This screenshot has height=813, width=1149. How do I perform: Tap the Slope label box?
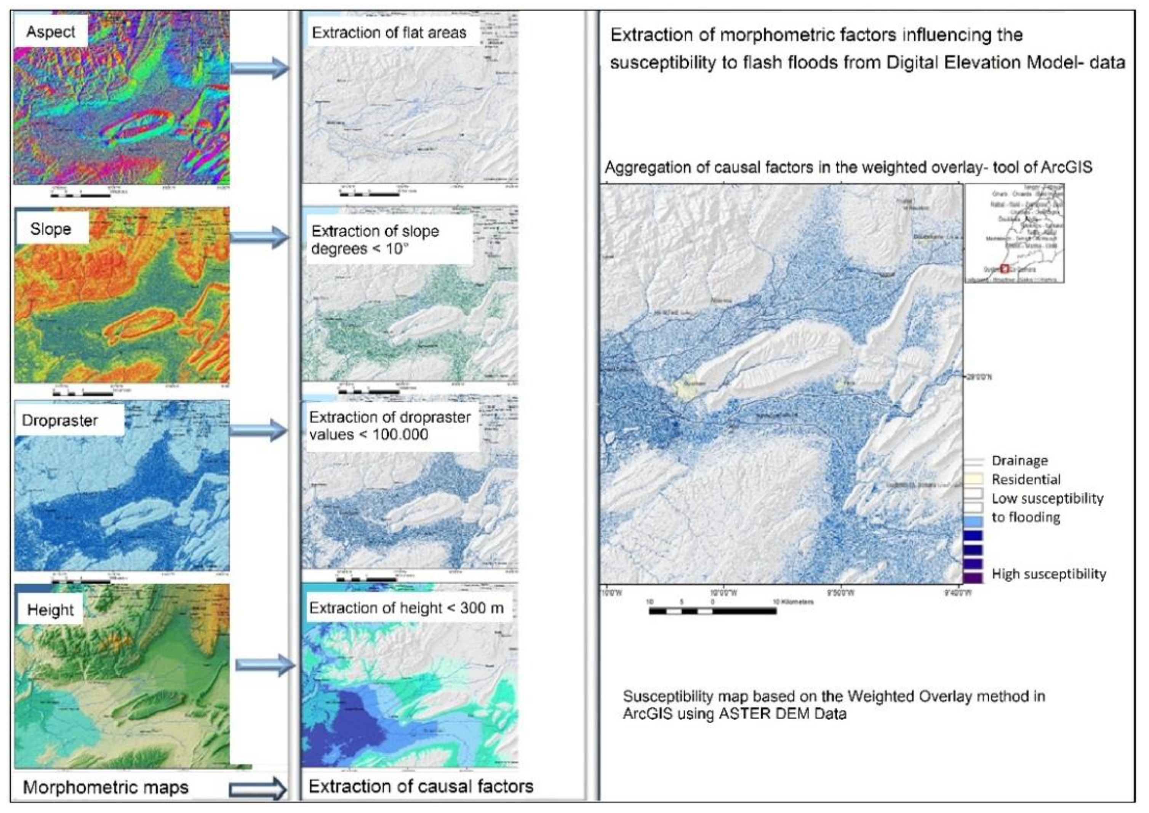51,229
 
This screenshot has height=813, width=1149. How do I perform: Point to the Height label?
50,610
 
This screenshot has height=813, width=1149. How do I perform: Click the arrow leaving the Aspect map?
260,67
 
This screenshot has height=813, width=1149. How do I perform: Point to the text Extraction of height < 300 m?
406,608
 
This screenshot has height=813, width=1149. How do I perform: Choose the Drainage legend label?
1019,461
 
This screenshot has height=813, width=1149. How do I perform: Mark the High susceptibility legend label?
1048,574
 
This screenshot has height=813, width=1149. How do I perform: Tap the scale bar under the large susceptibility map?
712,611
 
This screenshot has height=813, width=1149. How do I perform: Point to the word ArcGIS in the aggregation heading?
1066,167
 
